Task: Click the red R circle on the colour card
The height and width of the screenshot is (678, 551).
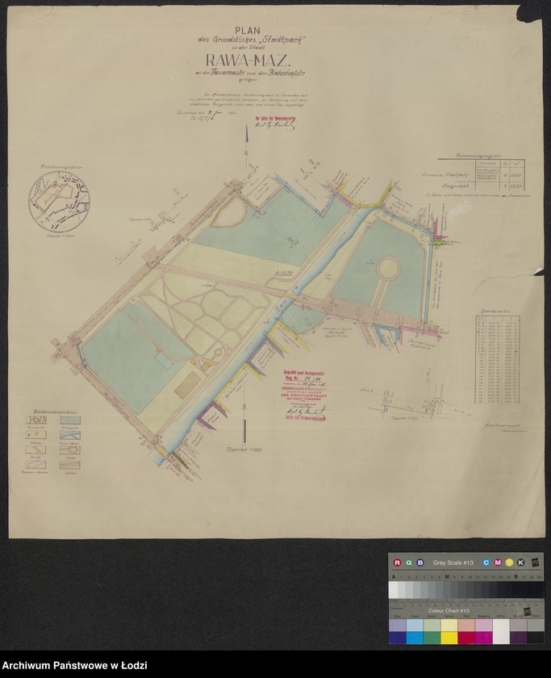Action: coord(396,562)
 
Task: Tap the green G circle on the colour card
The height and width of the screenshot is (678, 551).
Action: coord(408,562)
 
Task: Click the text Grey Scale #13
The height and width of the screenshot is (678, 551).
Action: coord(453,562)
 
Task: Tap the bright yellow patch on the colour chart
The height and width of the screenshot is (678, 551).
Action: coord(449,626)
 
